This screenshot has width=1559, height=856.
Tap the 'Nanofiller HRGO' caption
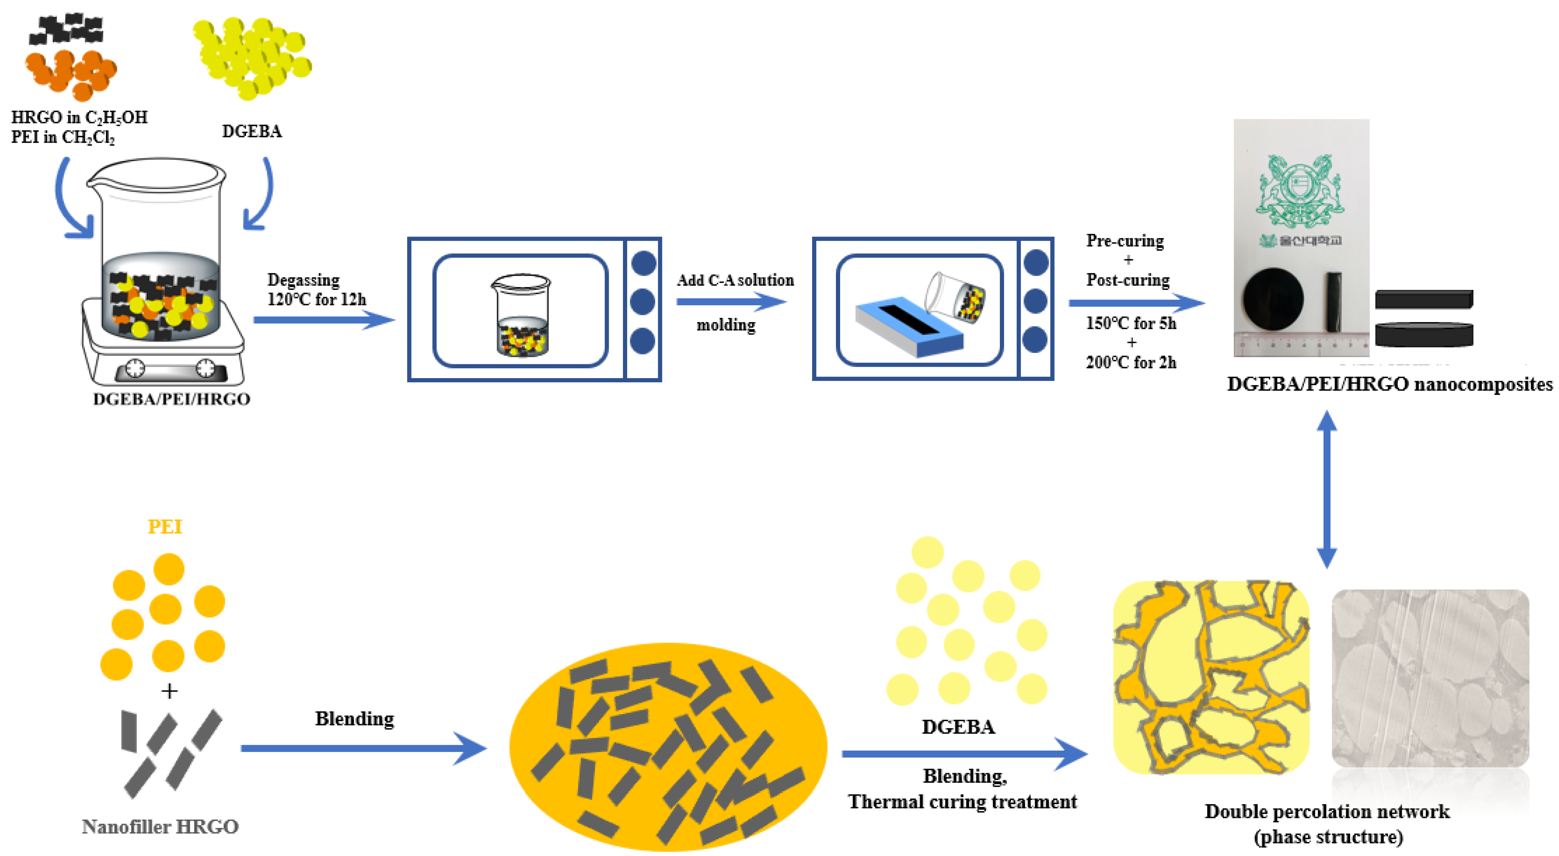(x=160, y=826)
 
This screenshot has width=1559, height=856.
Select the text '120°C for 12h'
(x=317, y=300)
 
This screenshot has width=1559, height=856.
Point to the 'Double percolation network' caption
(x=1326, y=811)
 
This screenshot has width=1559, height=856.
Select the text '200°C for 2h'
(x=1131, y=362)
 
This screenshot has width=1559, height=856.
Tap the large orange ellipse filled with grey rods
(x=668, y=747)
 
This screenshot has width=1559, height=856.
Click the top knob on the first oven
(x=643, y=263)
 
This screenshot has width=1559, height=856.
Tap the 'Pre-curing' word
(x=1125, y=241)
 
